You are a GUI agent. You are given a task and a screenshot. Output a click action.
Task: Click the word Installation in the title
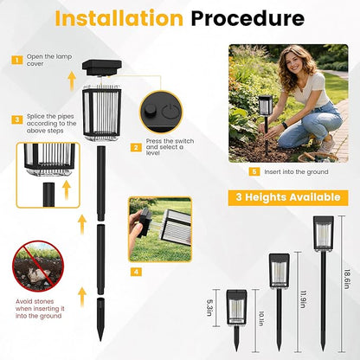119,18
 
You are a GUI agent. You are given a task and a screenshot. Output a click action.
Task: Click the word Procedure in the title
247,18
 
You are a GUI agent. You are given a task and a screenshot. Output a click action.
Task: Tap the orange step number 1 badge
17,60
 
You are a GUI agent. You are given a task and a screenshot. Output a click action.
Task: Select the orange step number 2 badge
136,148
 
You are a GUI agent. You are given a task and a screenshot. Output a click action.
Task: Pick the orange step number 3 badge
17,119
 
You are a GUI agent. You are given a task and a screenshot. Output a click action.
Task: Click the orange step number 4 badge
136,272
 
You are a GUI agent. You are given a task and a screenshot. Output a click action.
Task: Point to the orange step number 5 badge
254,171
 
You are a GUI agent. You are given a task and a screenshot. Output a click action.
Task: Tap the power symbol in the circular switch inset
170,111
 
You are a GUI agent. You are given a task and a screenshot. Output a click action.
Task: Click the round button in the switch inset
150,109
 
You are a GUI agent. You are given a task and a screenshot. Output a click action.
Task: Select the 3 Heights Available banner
288,197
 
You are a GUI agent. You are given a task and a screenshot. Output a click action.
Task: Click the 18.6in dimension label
347,280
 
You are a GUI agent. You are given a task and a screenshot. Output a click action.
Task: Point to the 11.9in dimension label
303,299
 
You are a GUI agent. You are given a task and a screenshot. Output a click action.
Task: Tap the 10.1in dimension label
261,318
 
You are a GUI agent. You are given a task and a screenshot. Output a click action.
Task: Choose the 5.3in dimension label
209,308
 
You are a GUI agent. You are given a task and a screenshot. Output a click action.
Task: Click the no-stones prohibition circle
38,267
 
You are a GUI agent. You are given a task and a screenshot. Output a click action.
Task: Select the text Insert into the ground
296,172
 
